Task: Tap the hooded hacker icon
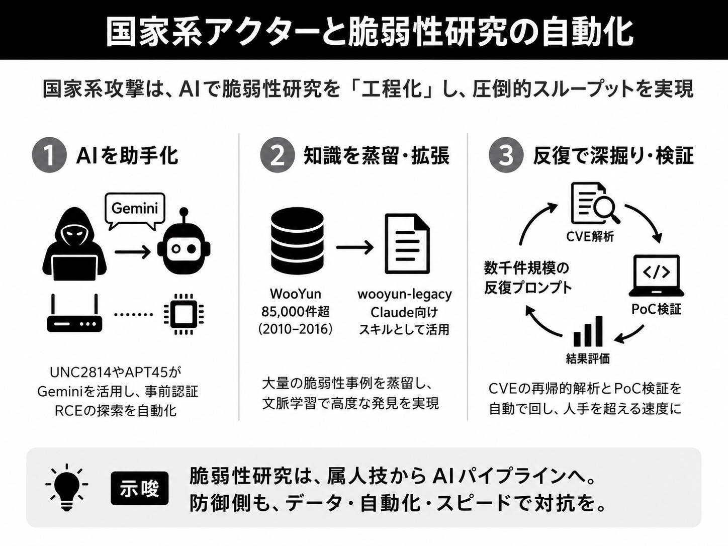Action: click(x=74, y=244)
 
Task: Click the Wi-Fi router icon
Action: click(x=74, y=313)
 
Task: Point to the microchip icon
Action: click(x=184, y=313)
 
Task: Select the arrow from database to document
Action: click(x=355, y=247)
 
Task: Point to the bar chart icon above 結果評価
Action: click(x=588, y=331)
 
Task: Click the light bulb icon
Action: click(x=67, y=487)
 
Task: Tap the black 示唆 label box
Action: click(x=140, y=488)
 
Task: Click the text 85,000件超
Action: click(x=296, y=312)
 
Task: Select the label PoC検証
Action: click(x=656, y=309)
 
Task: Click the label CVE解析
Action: click(x=590, y=237)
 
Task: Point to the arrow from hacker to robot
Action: click(x=133, y=252)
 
